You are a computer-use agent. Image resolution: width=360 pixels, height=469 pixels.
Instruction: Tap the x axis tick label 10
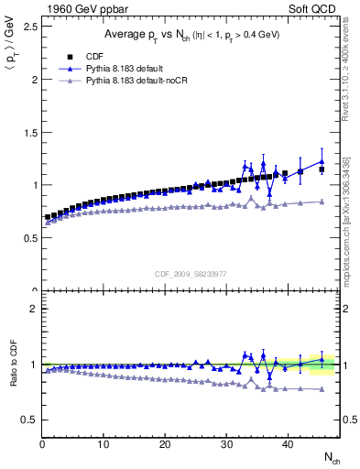104,444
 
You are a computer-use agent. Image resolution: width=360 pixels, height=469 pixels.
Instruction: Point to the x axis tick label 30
226,444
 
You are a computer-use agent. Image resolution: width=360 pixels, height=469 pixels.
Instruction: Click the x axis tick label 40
288,444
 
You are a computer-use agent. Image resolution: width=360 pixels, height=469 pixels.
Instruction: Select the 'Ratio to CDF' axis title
13,378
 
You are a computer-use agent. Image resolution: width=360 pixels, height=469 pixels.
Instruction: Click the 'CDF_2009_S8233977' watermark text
191,272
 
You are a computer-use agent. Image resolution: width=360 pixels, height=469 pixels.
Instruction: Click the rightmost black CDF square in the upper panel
322,169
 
